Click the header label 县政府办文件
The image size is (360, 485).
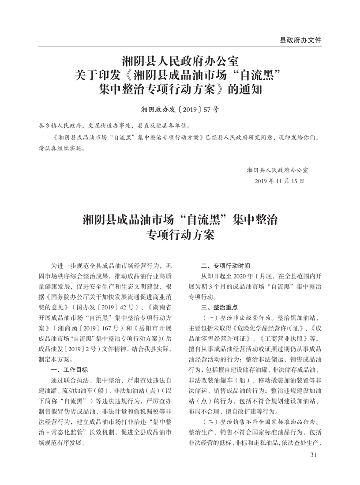click(300, 40)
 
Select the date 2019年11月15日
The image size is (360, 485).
click(279, 181)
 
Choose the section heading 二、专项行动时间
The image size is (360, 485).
click(225, 266)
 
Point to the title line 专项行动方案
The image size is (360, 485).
click(180, 235)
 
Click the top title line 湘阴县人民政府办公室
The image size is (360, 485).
click(180, 60)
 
